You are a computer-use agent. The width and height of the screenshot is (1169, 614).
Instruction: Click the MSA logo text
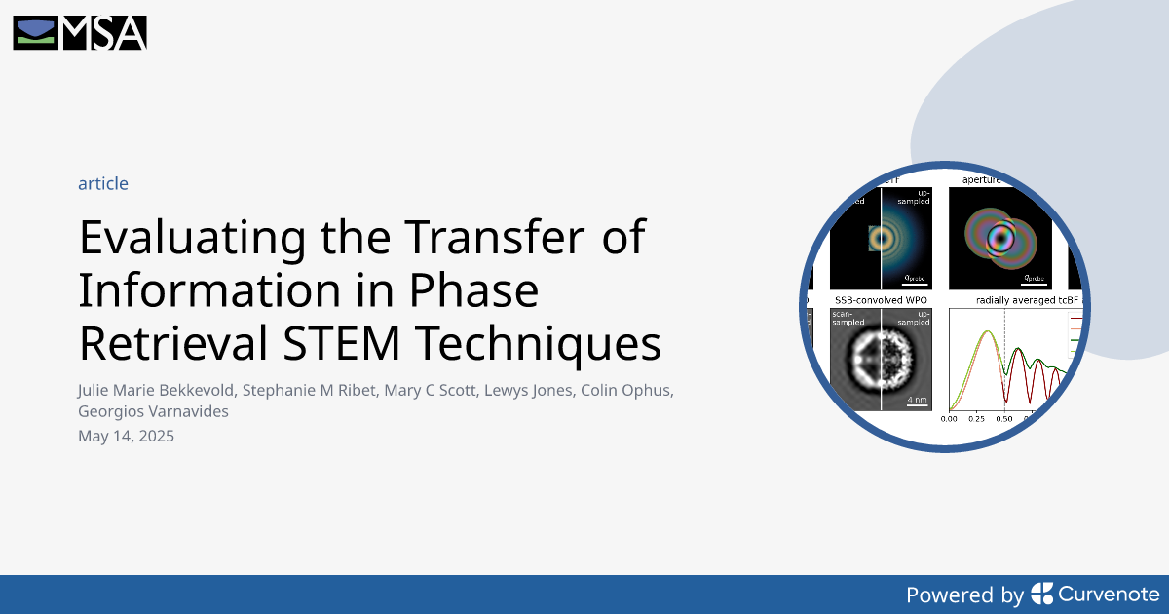(104, 33)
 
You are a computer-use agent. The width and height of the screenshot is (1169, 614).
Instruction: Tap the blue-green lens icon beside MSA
(35, 33)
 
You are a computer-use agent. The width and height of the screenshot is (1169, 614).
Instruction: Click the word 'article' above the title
(103, 183)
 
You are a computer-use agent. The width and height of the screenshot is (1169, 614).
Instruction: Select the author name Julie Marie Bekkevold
(156, 390)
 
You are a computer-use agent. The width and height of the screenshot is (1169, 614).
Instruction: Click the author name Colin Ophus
(630, 390)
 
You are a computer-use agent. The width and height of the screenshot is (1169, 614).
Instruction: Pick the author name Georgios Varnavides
(153, 411)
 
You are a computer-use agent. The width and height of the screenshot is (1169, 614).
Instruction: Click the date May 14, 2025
(126, 436)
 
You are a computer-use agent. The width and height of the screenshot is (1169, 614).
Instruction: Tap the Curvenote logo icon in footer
(1041, 594)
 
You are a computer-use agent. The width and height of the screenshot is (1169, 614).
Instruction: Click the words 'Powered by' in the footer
(964, 595)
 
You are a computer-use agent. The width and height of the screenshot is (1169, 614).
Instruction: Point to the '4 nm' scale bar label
(917, 400)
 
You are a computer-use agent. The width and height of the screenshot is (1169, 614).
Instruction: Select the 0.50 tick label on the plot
(1004, 419)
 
